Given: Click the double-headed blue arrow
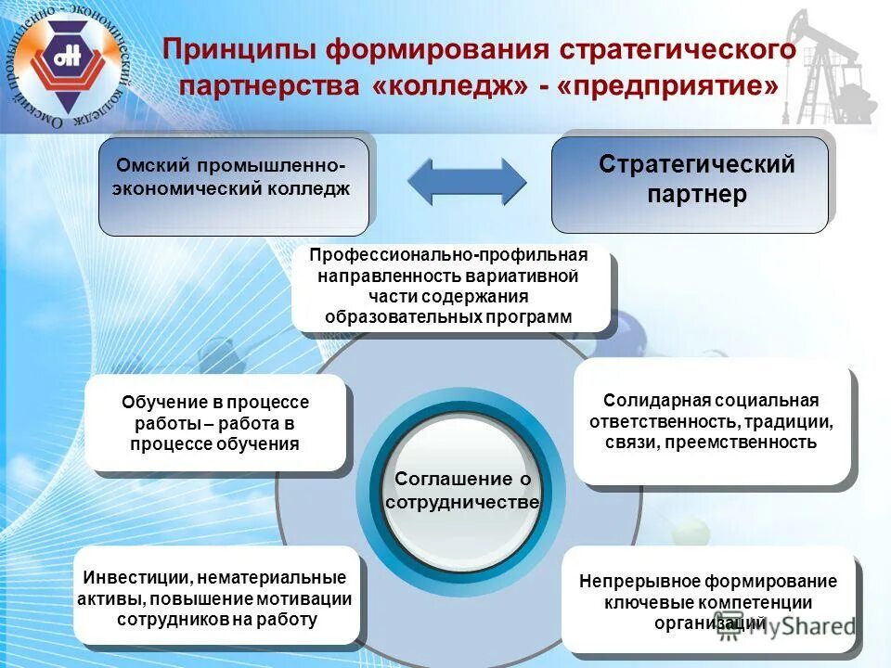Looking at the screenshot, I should coord(467,181).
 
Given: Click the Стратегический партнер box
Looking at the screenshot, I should coord(690,184).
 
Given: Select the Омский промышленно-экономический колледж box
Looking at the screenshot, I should coord(233,186).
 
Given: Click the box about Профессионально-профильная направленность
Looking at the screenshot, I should coord(450,288).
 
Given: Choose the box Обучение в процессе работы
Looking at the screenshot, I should coord(214,423).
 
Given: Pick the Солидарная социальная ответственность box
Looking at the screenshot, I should coord(711,422).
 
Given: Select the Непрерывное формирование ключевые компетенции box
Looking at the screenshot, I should coord(707,602).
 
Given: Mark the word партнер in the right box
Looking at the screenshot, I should coord(696,195).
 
